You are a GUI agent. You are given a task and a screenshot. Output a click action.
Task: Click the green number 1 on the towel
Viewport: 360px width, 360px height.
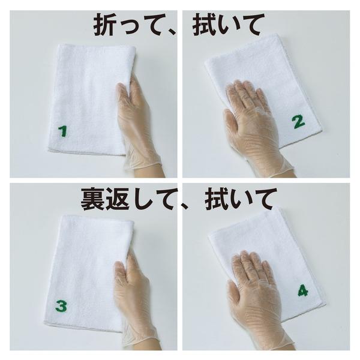(62, 131)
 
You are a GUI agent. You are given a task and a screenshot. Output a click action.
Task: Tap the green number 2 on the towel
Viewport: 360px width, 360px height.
(299, 122)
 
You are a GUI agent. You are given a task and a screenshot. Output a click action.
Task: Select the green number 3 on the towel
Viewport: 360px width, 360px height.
(61, 306)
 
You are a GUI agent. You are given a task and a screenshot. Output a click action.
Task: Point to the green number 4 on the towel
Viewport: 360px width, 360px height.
(303, 290)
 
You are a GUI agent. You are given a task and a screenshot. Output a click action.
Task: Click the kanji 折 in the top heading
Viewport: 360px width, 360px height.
(104, 24)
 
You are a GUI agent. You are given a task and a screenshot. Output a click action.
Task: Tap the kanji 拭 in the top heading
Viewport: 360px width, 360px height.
(203, 24)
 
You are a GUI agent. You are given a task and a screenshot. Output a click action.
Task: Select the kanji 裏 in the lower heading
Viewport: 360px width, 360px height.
(92, 199)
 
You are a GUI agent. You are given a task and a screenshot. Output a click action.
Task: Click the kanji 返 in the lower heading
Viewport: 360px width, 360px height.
(118, 199)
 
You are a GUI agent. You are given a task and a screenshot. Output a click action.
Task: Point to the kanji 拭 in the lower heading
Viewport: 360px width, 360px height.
(216, 199)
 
